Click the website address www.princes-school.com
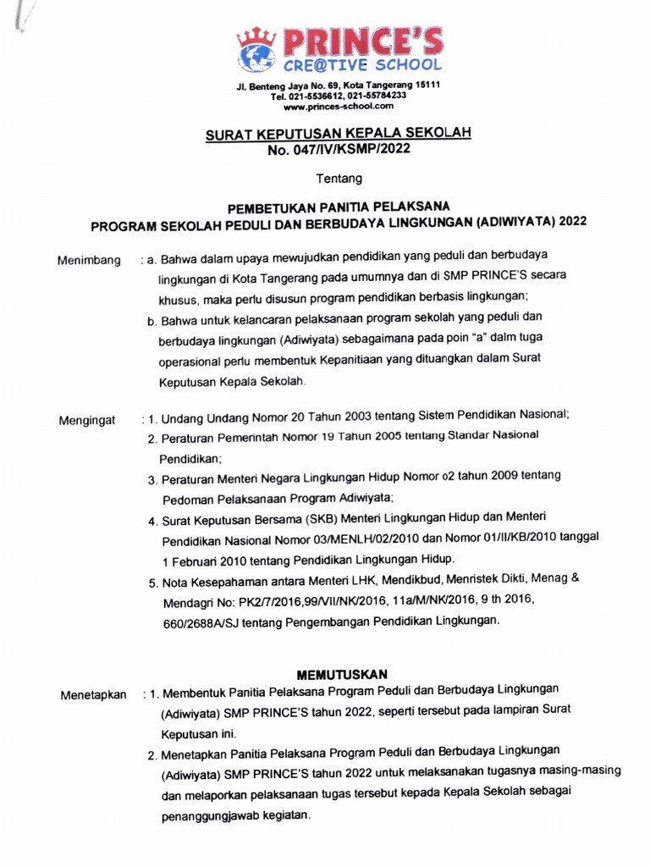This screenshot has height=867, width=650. click(339, 106)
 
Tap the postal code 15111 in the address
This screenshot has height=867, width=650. click(426, 86)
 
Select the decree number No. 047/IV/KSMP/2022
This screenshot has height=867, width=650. click(339, 151)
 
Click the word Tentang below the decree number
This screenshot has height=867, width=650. click(339, 179)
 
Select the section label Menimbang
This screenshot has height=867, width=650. click(89, 259)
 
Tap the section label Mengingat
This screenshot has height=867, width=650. click(87, 420)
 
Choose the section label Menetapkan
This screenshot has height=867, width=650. click(93, 696)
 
